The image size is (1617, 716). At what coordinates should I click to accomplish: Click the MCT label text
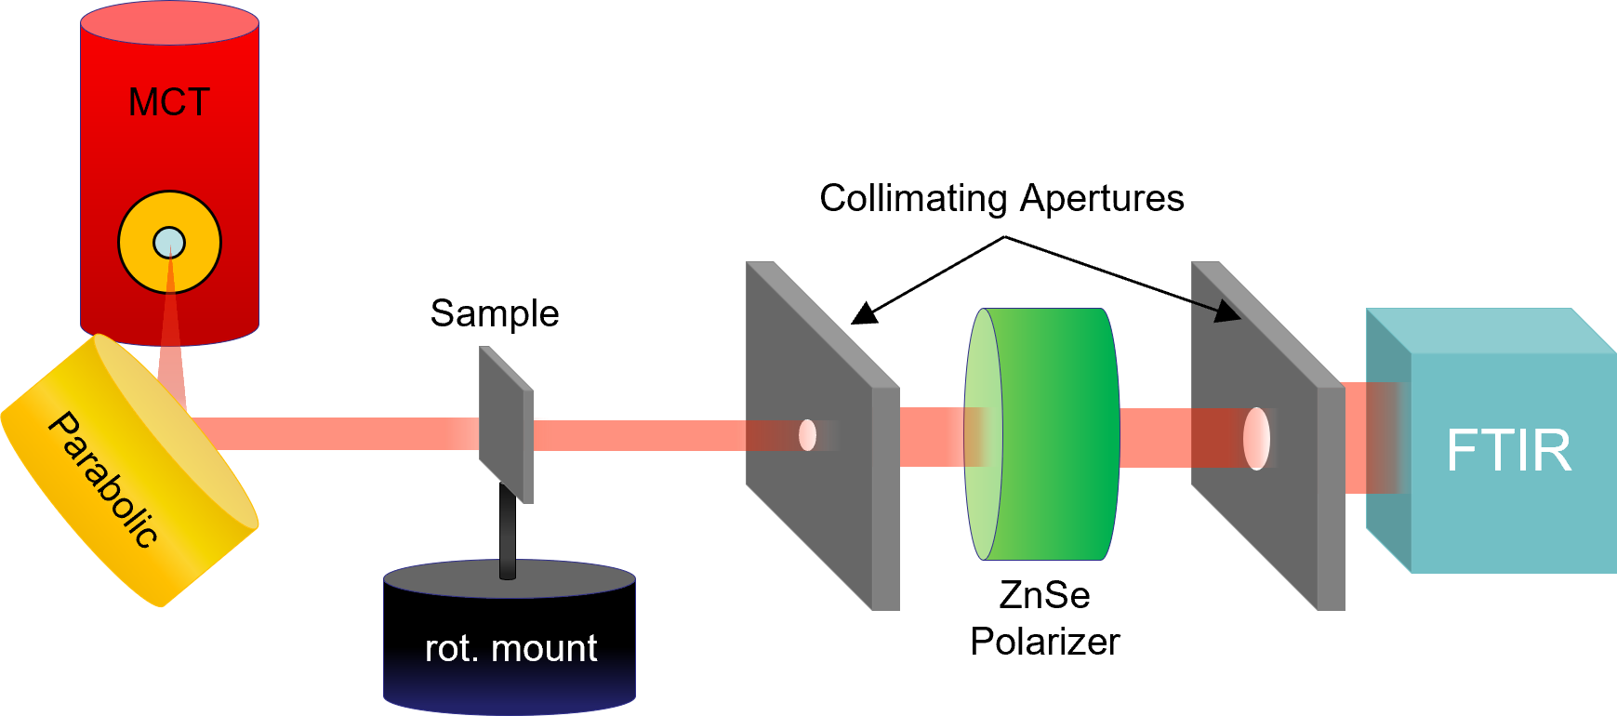tap(169, 102)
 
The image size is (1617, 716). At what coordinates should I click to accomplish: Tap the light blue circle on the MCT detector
tap(169, 243)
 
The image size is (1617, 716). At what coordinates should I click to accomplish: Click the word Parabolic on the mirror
tap(102, 480)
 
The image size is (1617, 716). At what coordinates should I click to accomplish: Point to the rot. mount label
tap(510, 649)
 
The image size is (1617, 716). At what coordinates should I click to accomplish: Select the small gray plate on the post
tap(505, 423)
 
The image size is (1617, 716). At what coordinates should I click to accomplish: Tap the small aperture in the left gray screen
tap(807, 435)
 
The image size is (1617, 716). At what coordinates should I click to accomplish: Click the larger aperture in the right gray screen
tap(1256, 438)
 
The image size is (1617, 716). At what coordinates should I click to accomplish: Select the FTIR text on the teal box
tap(1508, 451)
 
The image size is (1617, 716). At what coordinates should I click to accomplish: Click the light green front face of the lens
tap(982, 434)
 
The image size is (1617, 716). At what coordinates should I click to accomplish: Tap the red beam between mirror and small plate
tap(335, 433)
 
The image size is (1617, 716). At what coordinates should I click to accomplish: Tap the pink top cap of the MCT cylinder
tap(169, 22)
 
